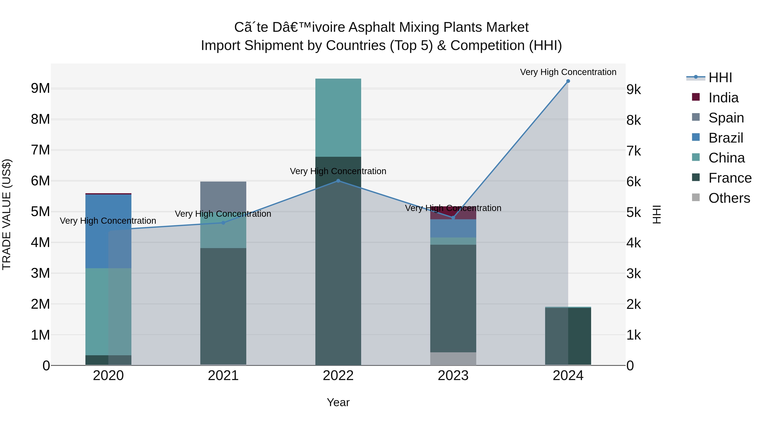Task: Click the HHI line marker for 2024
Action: click(x=568, y=81)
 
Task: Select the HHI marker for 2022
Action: click(x=338, y=180)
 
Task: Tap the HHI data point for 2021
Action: click(x=223, y=223)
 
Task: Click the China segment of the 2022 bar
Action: click(x=338, y=118)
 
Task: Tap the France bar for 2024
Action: click(x=568, y=336)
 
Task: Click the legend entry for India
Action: click(x=723, y=98)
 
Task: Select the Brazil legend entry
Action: click(x=725, y=138)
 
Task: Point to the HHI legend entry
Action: click(x=720, y=78)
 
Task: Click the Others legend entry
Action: click(x=729, y=198)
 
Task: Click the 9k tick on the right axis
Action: click(x=634, y=89)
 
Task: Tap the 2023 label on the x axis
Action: click(x=453, y=376)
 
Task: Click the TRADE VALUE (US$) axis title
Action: click(x=7, y=214)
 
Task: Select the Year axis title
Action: click(x=338, y=402)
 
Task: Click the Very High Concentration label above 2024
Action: click(x=568, y=72)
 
